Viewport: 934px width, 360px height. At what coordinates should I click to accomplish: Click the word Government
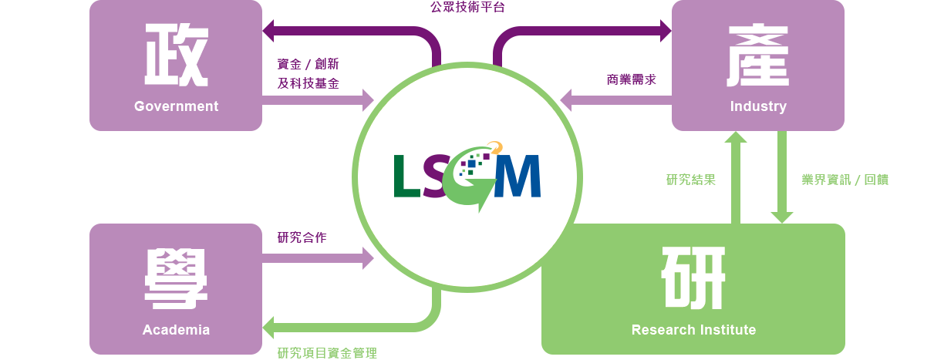[x=176, y=106]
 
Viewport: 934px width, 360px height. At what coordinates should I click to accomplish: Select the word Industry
[x=758, y=106]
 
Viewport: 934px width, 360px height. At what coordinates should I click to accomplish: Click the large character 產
[x=758, y=56]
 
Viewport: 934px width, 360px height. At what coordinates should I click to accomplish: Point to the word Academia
[x=176, y=330]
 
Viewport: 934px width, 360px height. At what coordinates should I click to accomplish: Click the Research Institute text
[x=693, y=330]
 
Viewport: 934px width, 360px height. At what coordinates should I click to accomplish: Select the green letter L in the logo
[x=406, y=177]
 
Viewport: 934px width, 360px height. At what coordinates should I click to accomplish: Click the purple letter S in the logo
[x=437, y=177]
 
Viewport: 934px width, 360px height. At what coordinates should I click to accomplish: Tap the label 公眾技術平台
[x=467, y=8]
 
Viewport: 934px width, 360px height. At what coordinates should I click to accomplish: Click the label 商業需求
[x=631, y=79]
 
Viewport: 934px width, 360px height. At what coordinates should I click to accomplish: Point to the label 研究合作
[x=302, y=237]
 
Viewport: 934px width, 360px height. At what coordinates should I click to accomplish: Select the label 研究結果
[x=691, y=180]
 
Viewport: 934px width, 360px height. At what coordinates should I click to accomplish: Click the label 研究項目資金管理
[x=327, y=353]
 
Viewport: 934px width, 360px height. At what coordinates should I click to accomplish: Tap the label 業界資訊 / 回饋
[x=845, y=180]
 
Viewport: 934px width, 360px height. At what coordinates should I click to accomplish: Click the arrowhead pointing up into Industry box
[x=736, y=137]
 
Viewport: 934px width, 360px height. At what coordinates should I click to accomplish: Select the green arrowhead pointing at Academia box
[x=270, y=327]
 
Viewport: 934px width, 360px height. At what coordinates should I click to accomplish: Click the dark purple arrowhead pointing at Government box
[x=270, y=32]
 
